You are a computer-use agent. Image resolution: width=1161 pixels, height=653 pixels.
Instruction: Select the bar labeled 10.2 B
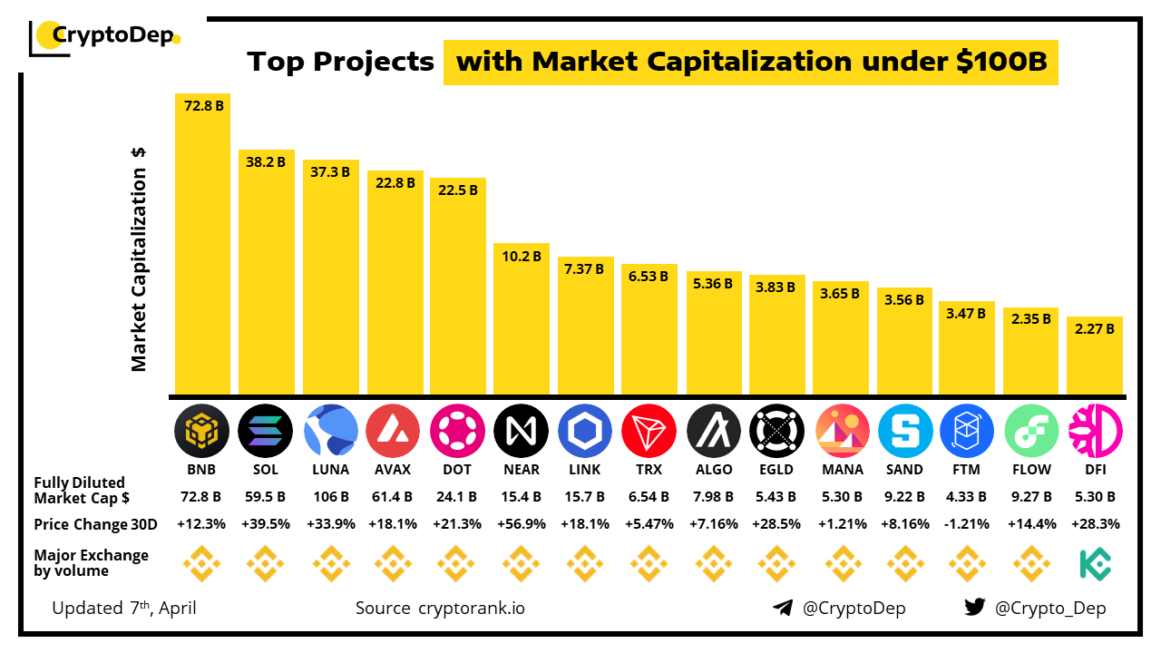(x=522, y=318)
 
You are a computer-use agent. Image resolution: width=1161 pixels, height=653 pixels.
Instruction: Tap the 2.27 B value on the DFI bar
(x=1094, y=329)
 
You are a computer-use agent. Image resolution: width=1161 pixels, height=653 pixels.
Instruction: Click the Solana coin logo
(x=266, y=431)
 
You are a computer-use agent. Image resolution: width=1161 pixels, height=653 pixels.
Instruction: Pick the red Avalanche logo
(x=394, y=431)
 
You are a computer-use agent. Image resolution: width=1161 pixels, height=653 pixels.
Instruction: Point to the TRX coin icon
(x=649, y=431)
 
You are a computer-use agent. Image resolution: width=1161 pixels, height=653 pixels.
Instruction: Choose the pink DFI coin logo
(x=1095, y=431)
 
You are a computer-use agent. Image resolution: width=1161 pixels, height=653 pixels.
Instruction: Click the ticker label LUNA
(x=330, y=470)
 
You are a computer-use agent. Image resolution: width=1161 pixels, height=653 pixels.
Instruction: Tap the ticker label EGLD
(x=777, y=470)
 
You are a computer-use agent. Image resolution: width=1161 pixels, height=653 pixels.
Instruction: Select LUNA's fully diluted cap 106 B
(x=330, y=497)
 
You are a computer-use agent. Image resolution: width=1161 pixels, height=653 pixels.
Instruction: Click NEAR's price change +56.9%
(x=522, y=524)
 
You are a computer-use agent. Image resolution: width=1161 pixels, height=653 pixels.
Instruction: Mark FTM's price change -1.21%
(x=967, y=524)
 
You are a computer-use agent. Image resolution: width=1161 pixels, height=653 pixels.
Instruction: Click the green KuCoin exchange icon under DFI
(x=1095, y=564)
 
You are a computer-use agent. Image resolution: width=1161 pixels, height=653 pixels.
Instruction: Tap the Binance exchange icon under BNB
(x=201, y=564)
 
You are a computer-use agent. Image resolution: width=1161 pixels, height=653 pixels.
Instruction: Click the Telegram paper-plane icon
(x=783, y=608)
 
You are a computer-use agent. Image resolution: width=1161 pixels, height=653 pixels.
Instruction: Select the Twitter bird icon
(x=975, y=608)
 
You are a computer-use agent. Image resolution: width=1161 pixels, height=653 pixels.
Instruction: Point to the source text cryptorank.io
(x=471, y=608)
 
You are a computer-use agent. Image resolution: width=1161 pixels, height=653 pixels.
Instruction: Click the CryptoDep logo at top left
(x=105, y=36)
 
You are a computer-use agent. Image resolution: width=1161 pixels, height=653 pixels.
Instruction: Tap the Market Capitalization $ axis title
(x=139, y=259)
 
